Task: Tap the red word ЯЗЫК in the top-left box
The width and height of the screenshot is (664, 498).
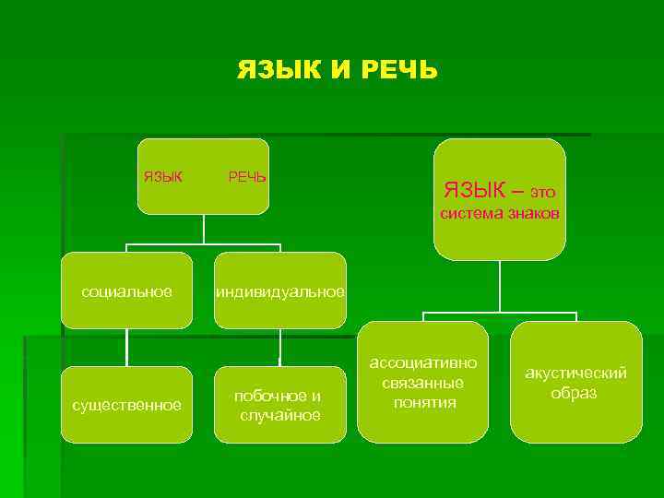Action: pos(163,176)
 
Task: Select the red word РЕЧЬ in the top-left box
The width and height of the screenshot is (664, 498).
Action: pos(247,176)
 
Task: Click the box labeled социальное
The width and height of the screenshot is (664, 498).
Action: pos(127,291)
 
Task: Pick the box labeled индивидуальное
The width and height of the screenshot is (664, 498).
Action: pos(279,291)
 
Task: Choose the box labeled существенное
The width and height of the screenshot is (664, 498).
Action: pos(127,405)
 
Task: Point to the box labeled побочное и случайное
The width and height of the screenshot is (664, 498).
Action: pos(279,405)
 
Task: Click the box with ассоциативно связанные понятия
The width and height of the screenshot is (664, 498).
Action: pos(423,381)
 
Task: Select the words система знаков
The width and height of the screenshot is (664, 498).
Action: pos(500,214)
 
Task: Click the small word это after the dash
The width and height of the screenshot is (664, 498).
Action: pos(543,193)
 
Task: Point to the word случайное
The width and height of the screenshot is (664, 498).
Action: pos(280,415)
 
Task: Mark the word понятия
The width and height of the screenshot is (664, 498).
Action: pos(423,402)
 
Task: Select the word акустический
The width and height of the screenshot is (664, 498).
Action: pos(575,373)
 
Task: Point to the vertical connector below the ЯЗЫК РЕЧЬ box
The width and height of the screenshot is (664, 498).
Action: pos(203,231)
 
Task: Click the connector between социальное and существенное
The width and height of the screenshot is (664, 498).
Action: pos(127,348)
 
